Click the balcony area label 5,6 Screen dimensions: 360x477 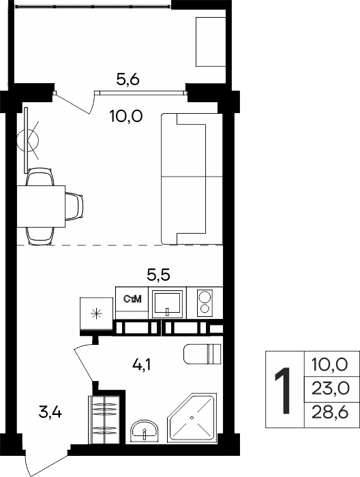click(127, 80)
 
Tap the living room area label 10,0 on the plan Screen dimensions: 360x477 click(126, 117)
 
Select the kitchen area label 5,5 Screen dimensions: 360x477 click(159, 275)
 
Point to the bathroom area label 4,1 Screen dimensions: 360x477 click(142, 365)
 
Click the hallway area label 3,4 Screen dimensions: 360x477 click(50, 412)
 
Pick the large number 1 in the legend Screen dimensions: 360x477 click(283, 390)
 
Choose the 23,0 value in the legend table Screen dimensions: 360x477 click(330, 388)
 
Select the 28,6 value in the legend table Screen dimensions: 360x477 click(330, 413)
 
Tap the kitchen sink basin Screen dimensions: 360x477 click(167, 303)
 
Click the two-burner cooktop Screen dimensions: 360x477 click(205, 302)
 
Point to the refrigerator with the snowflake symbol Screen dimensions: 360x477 click(96, 313)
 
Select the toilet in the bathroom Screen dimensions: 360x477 click(202, 354)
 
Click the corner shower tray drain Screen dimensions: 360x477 click(192, 418)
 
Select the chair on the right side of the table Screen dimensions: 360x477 click(74, 206)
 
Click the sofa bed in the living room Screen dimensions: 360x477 click(192, 179)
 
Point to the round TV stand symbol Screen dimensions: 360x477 click(28, 140)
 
